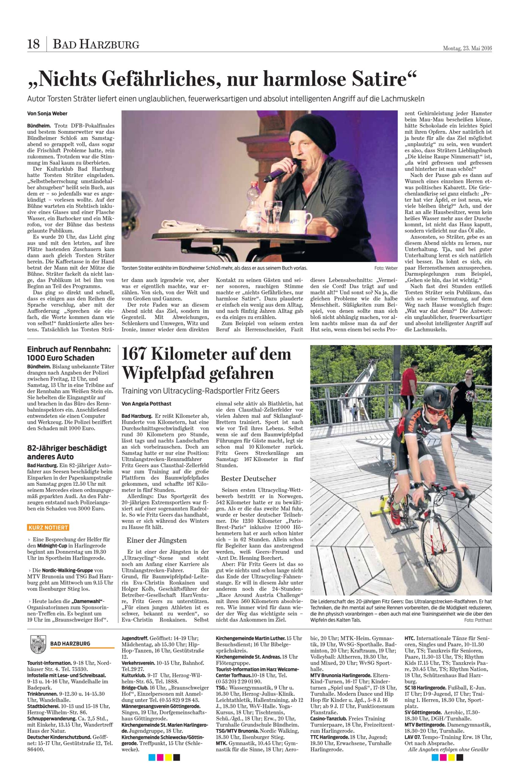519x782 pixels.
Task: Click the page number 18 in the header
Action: point(33,44)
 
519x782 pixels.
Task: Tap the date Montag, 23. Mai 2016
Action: point(467,48)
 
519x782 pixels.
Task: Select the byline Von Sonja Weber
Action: point(47,114)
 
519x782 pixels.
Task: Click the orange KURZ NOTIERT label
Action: point(48,527)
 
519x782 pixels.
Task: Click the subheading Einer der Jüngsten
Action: point(157,540)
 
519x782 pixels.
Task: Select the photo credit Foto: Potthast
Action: point(478,620)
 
